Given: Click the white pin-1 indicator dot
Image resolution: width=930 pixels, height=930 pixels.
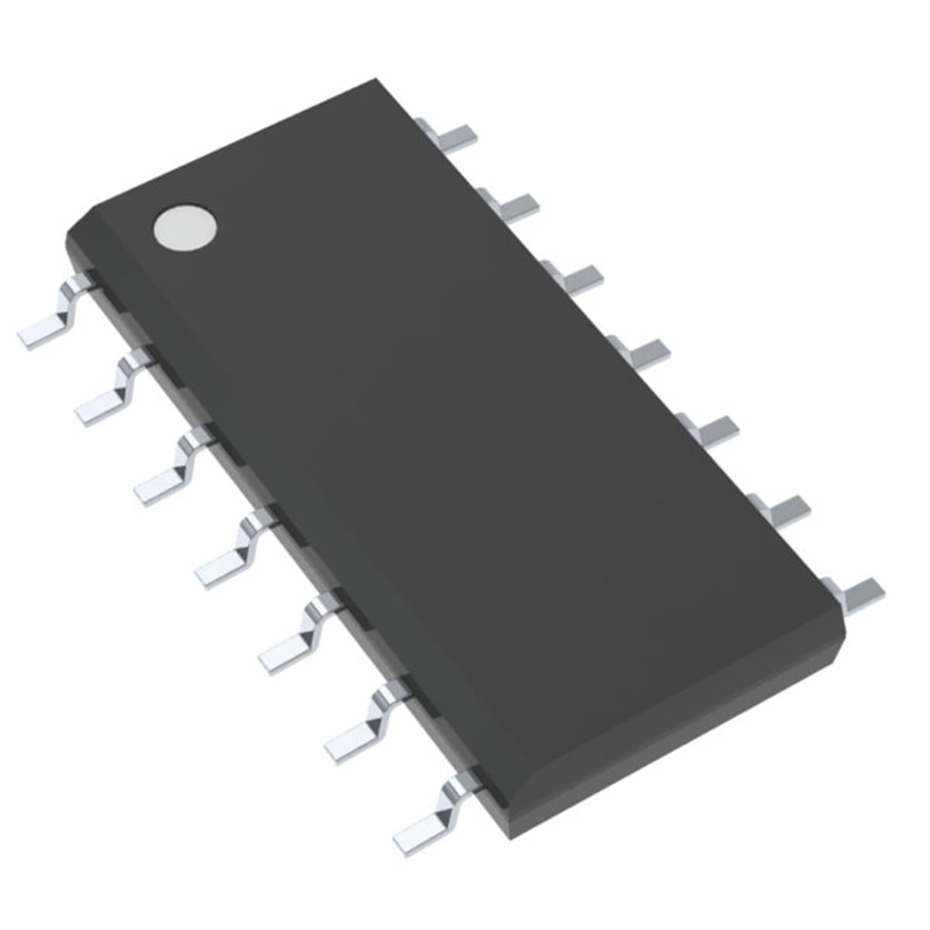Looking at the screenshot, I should [x=184, y=228].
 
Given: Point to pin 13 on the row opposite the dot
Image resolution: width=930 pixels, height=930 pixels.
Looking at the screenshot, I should [x=513, y=204].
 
